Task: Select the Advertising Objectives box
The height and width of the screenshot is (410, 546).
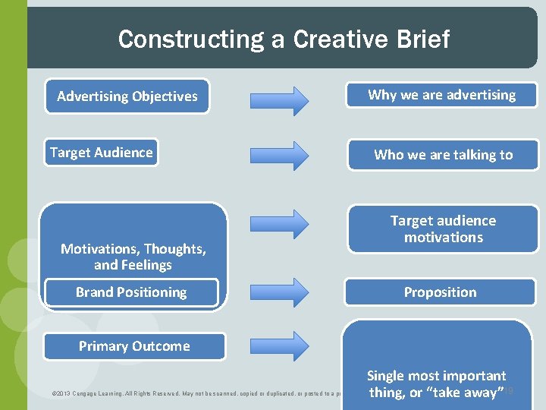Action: pos(127,96)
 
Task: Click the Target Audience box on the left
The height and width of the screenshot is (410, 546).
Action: pos(101,153)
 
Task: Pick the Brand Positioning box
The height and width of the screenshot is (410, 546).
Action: pos(131,292)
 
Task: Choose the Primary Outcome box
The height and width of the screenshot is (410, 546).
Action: pos(134,346)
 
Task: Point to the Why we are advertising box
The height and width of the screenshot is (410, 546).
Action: pos(441,95)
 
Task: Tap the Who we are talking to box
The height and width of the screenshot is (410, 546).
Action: pos(443,155)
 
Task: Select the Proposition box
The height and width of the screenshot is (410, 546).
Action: pos(440,292)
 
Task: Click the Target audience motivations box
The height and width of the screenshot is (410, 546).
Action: pos(443,229)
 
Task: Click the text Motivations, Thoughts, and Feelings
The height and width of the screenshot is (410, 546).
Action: pos(133,257)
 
